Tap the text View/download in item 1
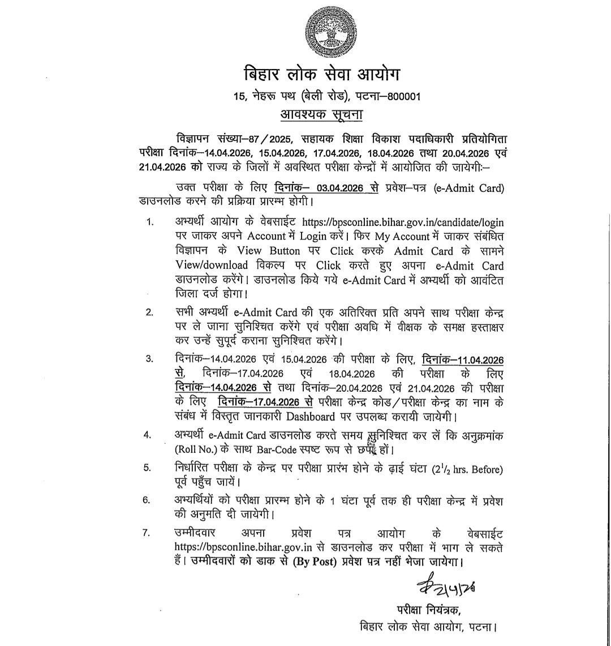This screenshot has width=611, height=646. pos(211,265)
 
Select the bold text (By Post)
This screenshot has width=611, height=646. pos(319,563)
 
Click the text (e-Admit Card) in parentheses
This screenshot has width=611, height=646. pos(468,189)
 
